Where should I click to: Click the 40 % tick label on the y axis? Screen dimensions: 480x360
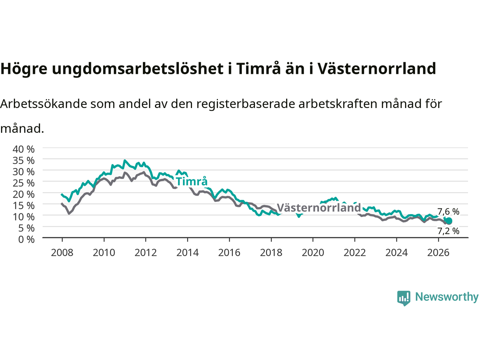pos(24,149)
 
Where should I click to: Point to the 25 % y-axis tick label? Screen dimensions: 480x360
pos(24,183)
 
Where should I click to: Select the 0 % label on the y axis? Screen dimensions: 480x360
pos(27,240)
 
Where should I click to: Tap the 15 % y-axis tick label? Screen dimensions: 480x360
pos(24,205)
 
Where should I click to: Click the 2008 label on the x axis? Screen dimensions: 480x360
pos(62,253)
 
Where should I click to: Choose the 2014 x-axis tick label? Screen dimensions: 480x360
pos(187,253)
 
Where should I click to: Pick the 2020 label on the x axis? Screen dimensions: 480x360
pos(313,253)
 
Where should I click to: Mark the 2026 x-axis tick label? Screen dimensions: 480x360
pos(438,253)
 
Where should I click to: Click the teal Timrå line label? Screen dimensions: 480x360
pos(192,181)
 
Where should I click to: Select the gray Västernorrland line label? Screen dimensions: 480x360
pos(319,208)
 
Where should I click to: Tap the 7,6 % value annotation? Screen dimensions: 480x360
pos(448,211)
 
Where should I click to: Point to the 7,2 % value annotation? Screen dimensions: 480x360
pos(448,231)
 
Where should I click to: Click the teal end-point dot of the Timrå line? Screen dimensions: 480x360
pos(449,221)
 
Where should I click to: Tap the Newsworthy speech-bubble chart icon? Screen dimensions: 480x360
pos(403,298)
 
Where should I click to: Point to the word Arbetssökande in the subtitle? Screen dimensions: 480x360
pos(44,104)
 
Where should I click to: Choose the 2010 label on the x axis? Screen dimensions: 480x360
pos(104,253)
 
